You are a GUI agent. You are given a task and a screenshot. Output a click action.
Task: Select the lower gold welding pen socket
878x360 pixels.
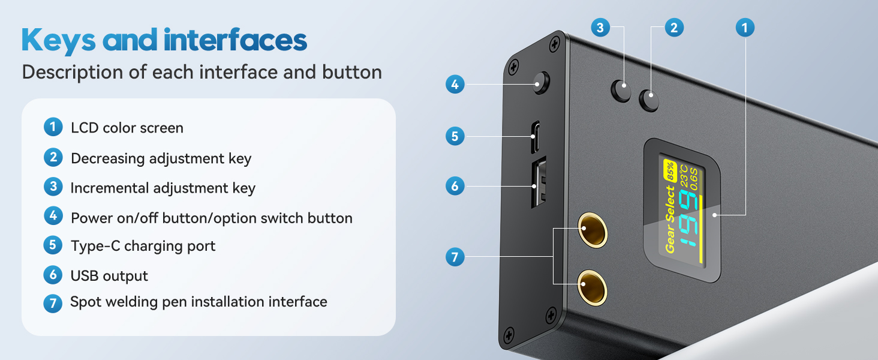(x=593, y=287)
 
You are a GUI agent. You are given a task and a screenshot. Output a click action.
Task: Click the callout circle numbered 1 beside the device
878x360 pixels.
(x=744, y=27)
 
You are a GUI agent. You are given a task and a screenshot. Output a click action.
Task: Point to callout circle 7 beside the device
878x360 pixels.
(x=455, y=258)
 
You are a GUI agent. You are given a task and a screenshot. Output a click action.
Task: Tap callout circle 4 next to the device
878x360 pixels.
(x=455, y=85)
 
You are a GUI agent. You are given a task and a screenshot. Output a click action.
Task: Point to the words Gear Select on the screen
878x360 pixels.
(x=670, y=219)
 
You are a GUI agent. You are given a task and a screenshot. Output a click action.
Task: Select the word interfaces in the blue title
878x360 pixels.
(x=235, y=41)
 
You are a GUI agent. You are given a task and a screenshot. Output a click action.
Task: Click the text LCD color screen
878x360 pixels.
(x=127, y=128)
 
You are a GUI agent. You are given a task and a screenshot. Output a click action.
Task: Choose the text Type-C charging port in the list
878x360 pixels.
(x=143, y=246)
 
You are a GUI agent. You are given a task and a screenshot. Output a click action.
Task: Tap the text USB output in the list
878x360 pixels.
(x=109, y=276)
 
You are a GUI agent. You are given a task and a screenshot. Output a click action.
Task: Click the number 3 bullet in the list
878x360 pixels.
(x=53, y=187)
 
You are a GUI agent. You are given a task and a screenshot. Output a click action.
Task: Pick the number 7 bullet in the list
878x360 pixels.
(x=53, y=303)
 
